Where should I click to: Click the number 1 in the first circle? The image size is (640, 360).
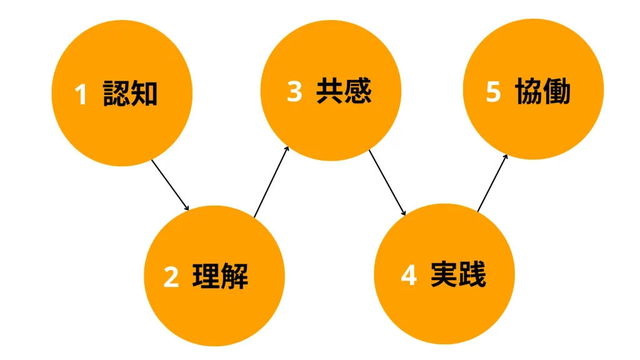point(81,95)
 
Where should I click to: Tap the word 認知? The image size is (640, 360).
point(130,94)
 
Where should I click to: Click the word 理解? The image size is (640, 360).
point(220,276)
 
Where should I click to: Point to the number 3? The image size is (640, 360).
point(294,92)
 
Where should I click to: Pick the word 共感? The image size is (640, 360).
point(344,91)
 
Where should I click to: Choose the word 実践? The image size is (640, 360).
point(458,274)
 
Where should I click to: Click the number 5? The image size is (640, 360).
point(493,92)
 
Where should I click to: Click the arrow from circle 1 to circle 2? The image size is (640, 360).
point(170,185)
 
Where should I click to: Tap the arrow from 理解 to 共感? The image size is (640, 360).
point(271,182)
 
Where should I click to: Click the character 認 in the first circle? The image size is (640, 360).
point(116,94)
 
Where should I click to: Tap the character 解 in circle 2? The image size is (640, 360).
point(234,276)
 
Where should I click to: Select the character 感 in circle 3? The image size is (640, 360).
point(358,91)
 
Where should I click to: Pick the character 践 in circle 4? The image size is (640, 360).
point(472,274)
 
